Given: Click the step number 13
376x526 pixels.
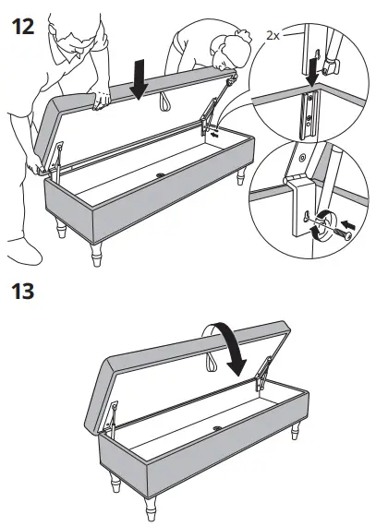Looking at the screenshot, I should pos(20,293).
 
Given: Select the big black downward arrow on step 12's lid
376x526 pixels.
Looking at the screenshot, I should pos(139,79).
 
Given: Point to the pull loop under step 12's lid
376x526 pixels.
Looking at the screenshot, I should pos(165,99).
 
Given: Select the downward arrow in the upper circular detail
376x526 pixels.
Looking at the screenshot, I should pos(314,67).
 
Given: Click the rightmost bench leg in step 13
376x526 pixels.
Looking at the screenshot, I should pos(298,432).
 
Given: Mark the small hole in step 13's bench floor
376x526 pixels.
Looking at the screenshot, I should pos(218,427).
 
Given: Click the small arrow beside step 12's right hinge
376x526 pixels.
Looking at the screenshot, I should pos(214,133).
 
